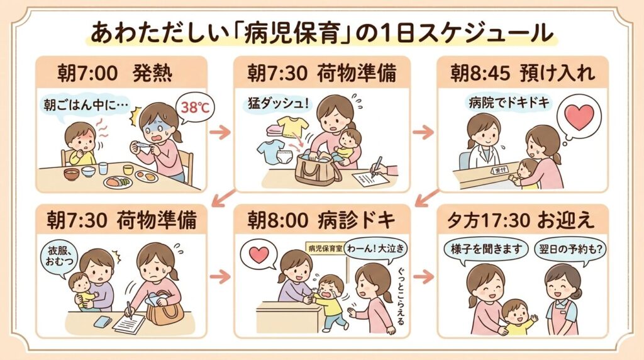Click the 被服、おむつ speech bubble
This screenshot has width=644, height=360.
click(x=57, y=254)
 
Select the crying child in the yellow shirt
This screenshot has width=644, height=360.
click(x=329, y=299)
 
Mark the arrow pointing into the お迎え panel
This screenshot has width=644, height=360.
click(x=425, y=276)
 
